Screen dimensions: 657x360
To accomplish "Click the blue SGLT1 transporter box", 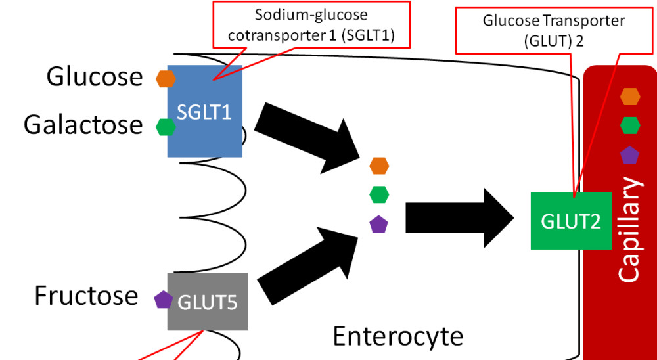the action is pyautogui.click(x=205, y=111).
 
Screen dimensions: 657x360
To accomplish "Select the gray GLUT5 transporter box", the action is pyautogui.click(x=208, y=302).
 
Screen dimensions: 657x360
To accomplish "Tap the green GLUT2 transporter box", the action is pyautogui.click(x=571, y=221).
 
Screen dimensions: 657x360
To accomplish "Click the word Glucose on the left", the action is pyautogui.click(x=94, y=77).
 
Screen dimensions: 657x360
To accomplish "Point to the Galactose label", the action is pyautogui.click(x=83, y=125).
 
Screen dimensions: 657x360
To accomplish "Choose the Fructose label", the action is pyautogui.click(x=86, y=295).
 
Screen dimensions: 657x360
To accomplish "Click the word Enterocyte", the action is pyautogui.click(x=398, y=336).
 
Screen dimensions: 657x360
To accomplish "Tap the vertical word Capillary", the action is pyautogui.click(x=630, y=230).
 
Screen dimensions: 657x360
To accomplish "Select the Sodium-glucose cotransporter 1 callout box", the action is pyautogui.click(x=311, y=24).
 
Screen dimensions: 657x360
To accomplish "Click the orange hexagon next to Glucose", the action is pyautogui.click(x=166, y=79).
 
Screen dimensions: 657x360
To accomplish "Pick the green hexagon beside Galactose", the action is pyautogui.click(x=166, y=127).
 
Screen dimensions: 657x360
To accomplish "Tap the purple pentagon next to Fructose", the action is pyautogui.click(x=164, y=300).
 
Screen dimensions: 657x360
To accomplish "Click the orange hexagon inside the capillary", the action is pyautogui.click(x=630, y=97).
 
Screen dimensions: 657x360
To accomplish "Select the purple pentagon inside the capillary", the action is pyautogui.click(x=630, y=156).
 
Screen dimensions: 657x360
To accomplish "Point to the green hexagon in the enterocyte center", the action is pyautogui.click(x=379, y=194).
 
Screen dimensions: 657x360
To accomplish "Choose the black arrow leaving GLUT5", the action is pyautogui.click(x=308, y=263).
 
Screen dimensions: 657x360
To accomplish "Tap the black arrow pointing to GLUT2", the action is pyautogui.click(x=460, y=218).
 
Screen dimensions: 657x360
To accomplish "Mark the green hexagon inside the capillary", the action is pyautogui.click(x=630, y=125).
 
